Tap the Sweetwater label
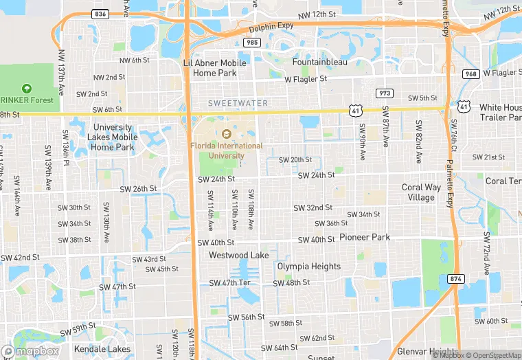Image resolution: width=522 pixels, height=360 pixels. [238, 103]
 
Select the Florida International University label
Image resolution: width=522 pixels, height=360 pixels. [227, 150]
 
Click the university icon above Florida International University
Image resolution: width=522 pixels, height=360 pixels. [227, 133]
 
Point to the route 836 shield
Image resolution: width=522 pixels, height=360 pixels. [100, 14]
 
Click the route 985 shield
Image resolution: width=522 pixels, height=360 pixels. [251, 43]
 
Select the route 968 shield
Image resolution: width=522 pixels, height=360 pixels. [470, 74]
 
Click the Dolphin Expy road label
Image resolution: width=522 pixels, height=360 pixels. [271, 25]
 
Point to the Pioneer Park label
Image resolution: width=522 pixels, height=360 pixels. [365, 237]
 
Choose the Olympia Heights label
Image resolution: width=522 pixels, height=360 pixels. [308, 267]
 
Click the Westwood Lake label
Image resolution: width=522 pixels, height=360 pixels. [239, 256]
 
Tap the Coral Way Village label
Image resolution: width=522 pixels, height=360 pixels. [422, 192]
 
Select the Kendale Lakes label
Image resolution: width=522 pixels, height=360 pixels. [101, 349]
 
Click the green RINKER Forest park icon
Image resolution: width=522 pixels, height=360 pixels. [26, 88]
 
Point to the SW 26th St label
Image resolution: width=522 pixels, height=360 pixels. [139, 188]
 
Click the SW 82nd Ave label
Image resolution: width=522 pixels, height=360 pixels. [418, 142]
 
